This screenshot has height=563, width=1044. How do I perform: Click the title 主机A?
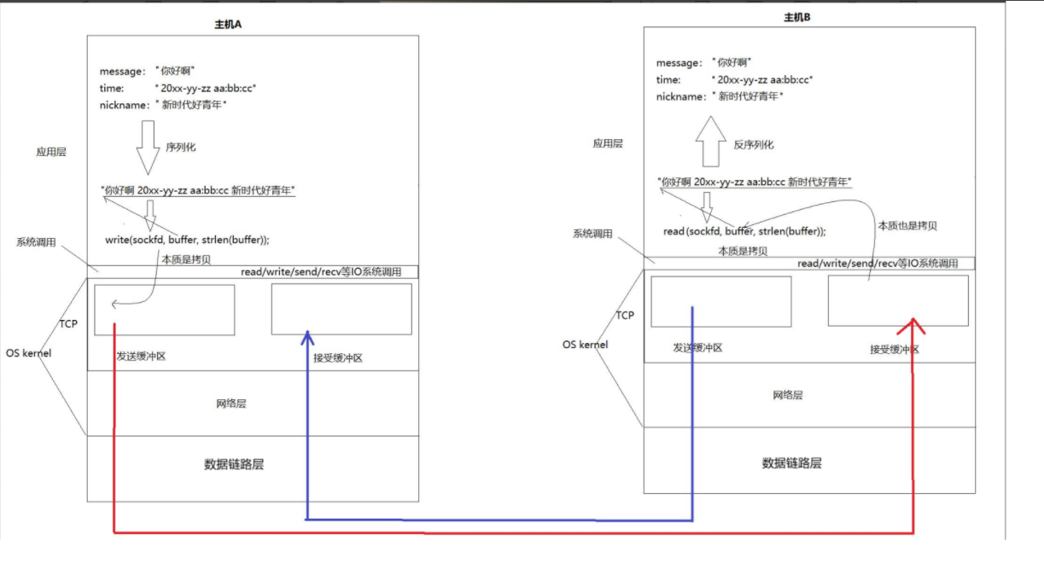[x=229, y=25]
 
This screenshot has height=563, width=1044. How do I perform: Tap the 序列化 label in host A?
[x=180, y=147]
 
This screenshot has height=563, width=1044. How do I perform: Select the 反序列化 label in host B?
[x=754, y=145]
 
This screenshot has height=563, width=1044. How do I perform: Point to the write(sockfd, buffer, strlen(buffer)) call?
[x=193, y=240]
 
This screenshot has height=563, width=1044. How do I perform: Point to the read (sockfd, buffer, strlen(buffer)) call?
[x=744, y=231]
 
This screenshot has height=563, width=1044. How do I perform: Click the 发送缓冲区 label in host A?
[x=141, y=356]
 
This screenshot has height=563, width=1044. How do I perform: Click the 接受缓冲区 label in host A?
[x=338, y=358]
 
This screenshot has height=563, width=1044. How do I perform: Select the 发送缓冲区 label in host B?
[x=697, y=348]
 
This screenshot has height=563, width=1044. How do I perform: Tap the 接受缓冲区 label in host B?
[x=894, y=350]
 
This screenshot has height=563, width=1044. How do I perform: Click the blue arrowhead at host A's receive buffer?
[x=306, y=339]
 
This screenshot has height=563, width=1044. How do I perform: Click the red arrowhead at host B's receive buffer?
[x=914, y=325]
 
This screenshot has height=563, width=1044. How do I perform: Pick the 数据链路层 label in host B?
[x=791, y=463]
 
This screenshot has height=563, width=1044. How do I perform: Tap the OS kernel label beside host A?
[x=29, y=353]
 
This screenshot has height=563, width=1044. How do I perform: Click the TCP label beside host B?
[x=625, y=316]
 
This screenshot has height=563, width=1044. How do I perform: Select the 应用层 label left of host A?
[x=51, y=152]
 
